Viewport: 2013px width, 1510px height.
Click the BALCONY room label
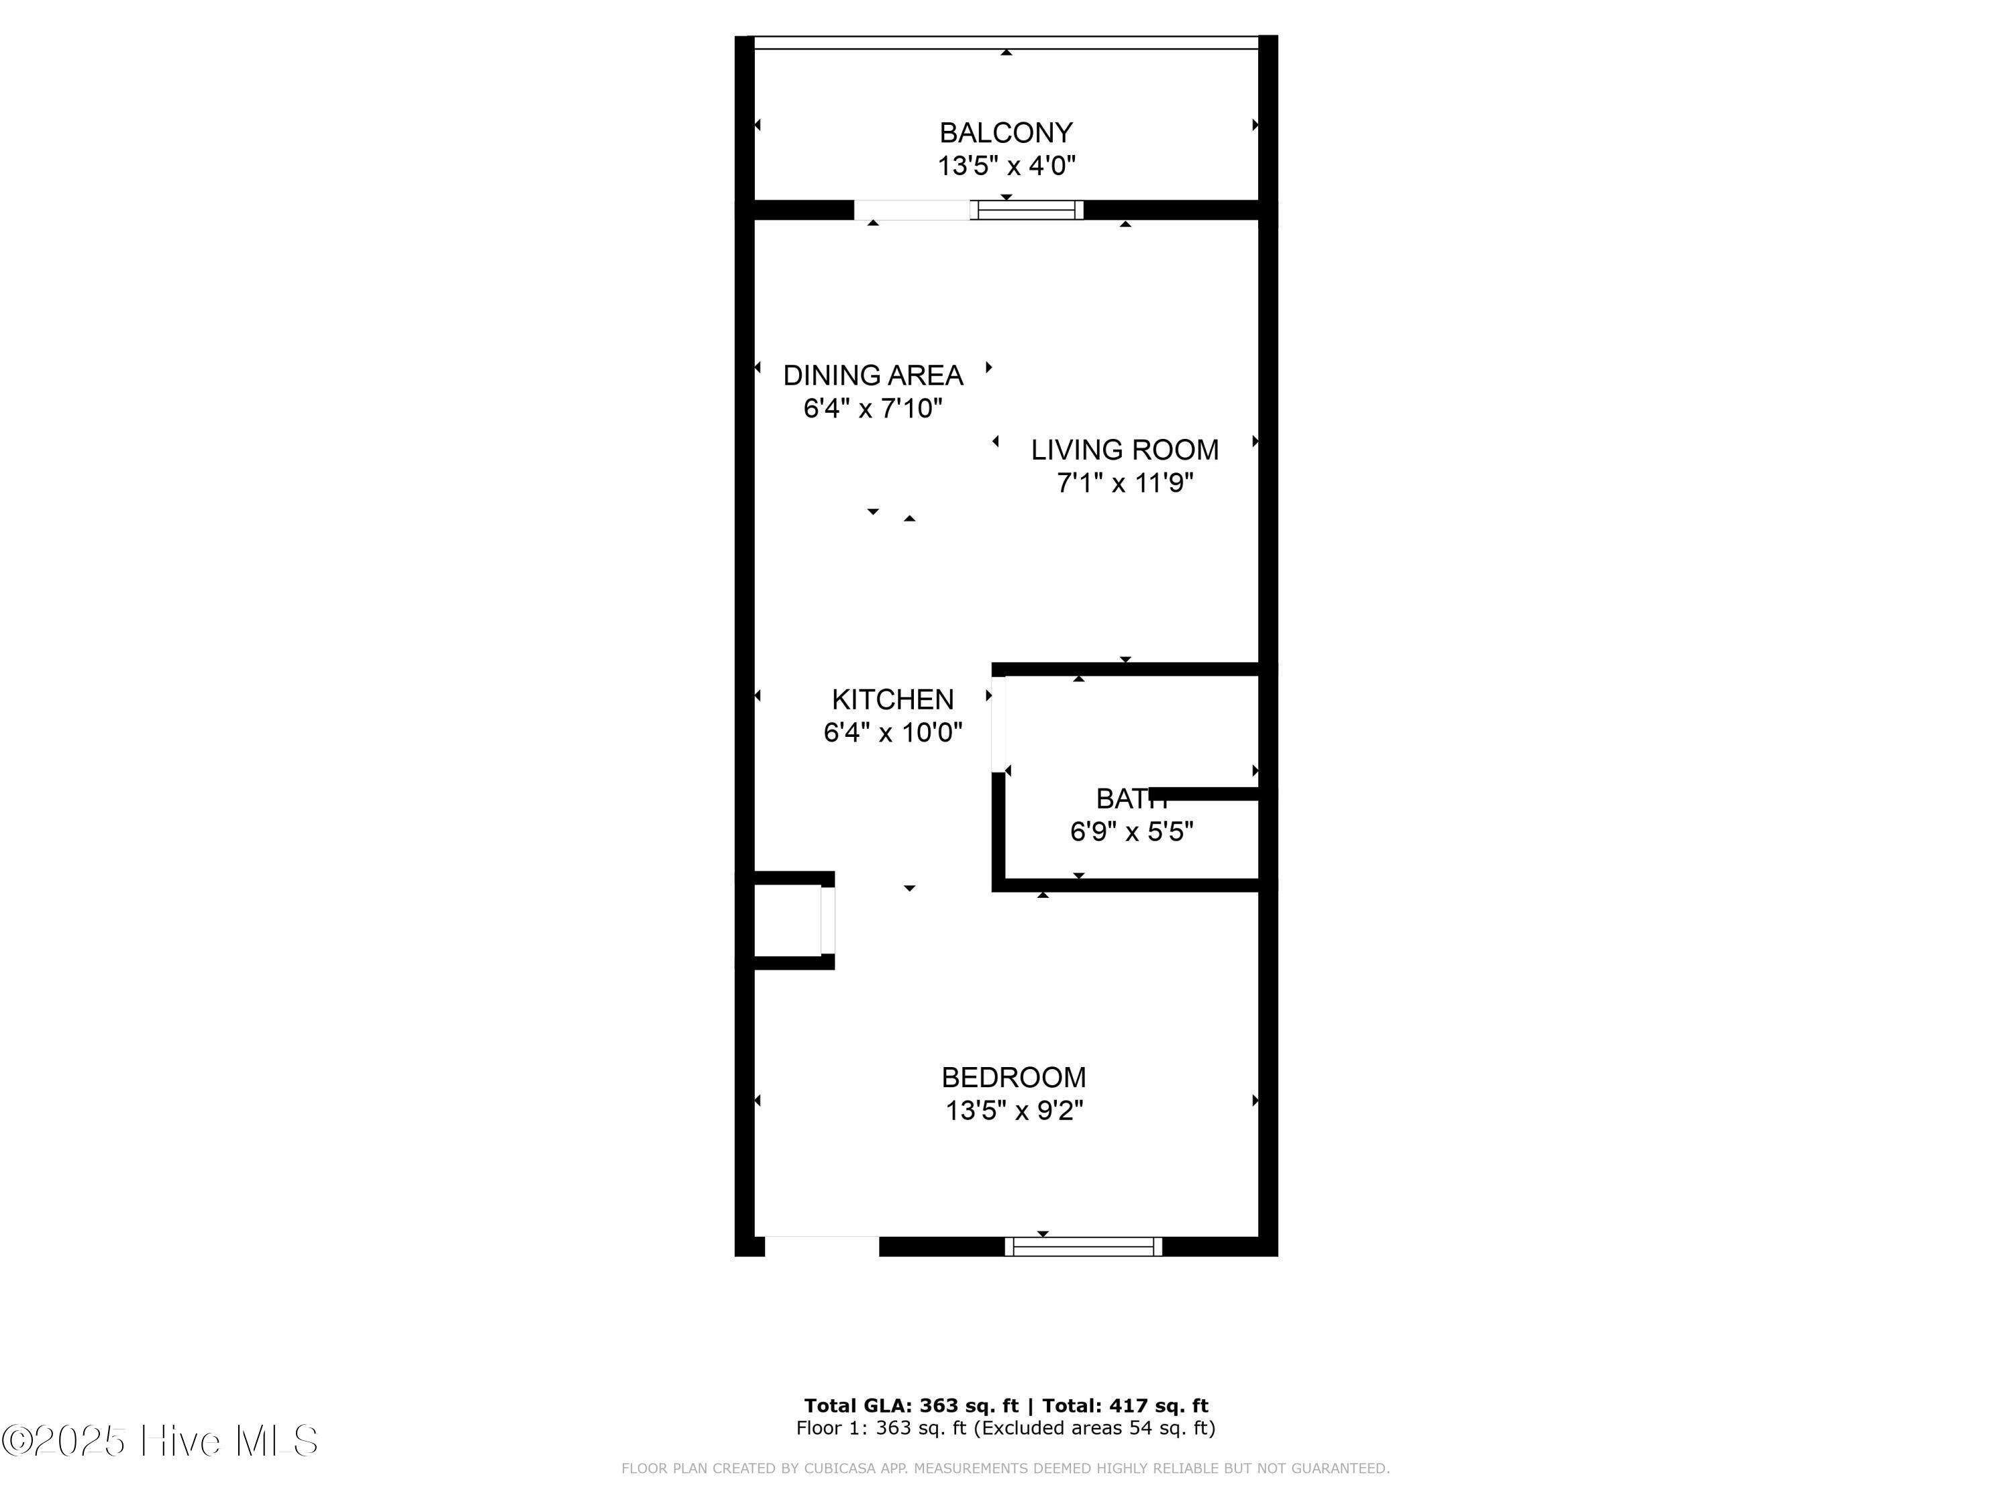(x=1006, y=133)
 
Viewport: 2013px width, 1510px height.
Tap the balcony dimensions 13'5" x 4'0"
(x=1007, y=166)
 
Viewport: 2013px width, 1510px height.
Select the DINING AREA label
(x=873, y=375)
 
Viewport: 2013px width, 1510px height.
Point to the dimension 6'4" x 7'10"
(x=873, y=409)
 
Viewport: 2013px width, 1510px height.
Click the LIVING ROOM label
(x=1125, y=450)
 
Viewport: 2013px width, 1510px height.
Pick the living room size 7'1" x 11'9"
(x=1125, y=483)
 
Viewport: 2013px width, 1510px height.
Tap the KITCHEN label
(x=892, y=699)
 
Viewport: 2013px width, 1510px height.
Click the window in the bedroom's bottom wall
(x=1083, y=1246)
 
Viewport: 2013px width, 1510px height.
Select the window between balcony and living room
(x=1027, y=210)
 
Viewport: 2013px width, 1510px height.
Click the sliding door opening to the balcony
(x=911, y=210)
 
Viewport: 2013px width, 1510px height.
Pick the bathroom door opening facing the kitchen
(x=998, y=723)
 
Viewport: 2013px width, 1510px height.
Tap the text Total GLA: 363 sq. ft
(x=910, y=1406)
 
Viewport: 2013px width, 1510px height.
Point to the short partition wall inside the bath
(x=1205, y=795)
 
